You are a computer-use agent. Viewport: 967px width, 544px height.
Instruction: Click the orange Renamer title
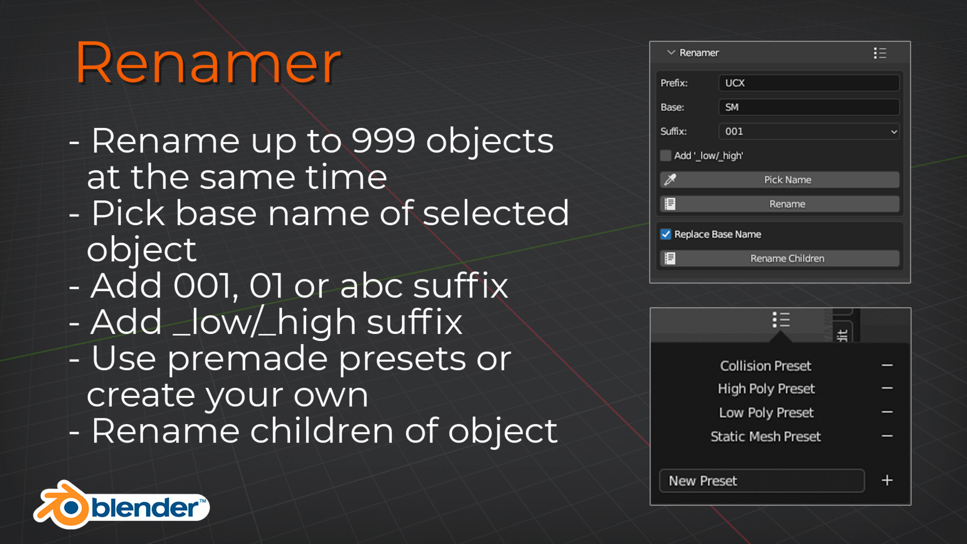208,63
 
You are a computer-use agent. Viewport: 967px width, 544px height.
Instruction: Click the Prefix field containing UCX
809,83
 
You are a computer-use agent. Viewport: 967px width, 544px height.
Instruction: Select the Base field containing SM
809,107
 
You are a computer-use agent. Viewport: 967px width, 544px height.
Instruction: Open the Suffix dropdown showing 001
809,132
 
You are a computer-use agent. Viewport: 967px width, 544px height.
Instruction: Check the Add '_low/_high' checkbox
666,156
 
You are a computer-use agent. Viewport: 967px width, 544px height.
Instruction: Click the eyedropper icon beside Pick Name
670,180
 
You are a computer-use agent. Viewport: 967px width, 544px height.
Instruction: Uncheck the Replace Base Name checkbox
666,234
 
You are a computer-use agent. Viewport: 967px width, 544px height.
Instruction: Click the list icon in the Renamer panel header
879,53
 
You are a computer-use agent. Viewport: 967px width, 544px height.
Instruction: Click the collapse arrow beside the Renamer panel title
670,53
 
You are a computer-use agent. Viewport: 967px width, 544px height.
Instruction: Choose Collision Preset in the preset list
766,366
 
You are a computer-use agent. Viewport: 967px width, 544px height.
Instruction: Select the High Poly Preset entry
766,389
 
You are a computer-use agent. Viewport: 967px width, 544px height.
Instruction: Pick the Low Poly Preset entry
766,412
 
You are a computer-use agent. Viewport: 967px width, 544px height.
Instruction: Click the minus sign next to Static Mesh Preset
887,436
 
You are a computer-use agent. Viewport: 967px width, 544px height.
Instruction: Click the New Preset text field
761,481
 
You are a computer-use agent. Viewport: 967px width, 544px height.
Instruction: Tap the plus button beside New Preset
887,481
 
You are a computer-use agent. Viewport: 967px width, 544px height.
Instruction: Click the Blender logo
121,505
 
